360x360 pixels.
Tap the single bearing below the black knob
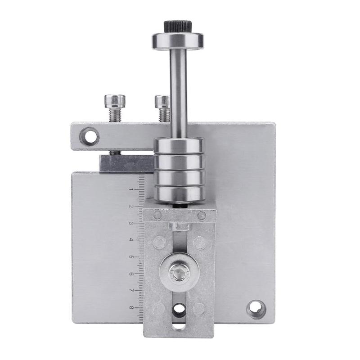pyautogui.click(x=178, y=41)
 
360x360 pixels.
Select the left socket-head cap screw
pyautogui.click(x=115, y=108)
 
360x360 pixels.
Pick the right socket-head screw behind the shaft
pyautogui.click(x=162, y=108)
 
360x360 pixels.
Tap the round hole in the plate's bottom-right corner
pyautogui.click(x=256, y=309)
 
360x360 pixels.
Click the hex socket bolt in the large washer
pyautogui.click(x=179, y=273)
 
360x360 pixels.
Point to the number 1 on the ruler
pyautogui.click(x=131, y=189)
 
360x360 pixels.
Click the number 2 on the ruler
pyautogui.click(x=131, y=207)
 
